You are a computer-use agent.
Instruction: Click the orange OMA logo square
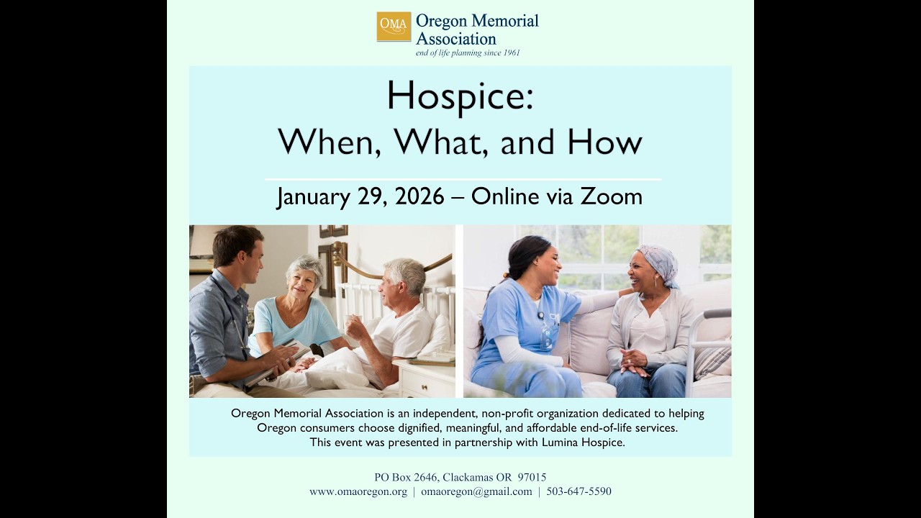(x=394, y=27)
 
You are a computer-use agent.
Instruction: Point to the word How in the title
(x=604, y=142)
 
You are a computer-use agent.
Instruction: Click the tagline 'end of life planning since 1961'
(x=468, y=53)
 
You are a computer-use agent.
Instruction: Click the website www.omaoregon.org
(x=358, y=491)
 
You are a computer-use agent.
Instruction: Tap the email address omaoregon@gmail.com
(x=476, y=491)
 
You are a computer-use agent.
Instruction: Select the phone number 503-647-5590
(x=579, y=491)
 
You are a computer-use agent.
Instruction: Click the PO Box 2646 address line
(x=460, y=477)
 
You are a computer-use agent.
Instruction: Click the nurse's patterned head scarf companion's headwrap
(x=658, y=260)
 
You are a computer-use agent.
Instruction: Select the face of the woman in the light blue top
(x=305, y=279)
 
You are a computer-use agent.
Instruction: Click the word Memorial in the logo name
(x=504, y=21)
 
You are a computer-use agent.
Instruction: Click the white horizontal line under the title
(x=463, y=179)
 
